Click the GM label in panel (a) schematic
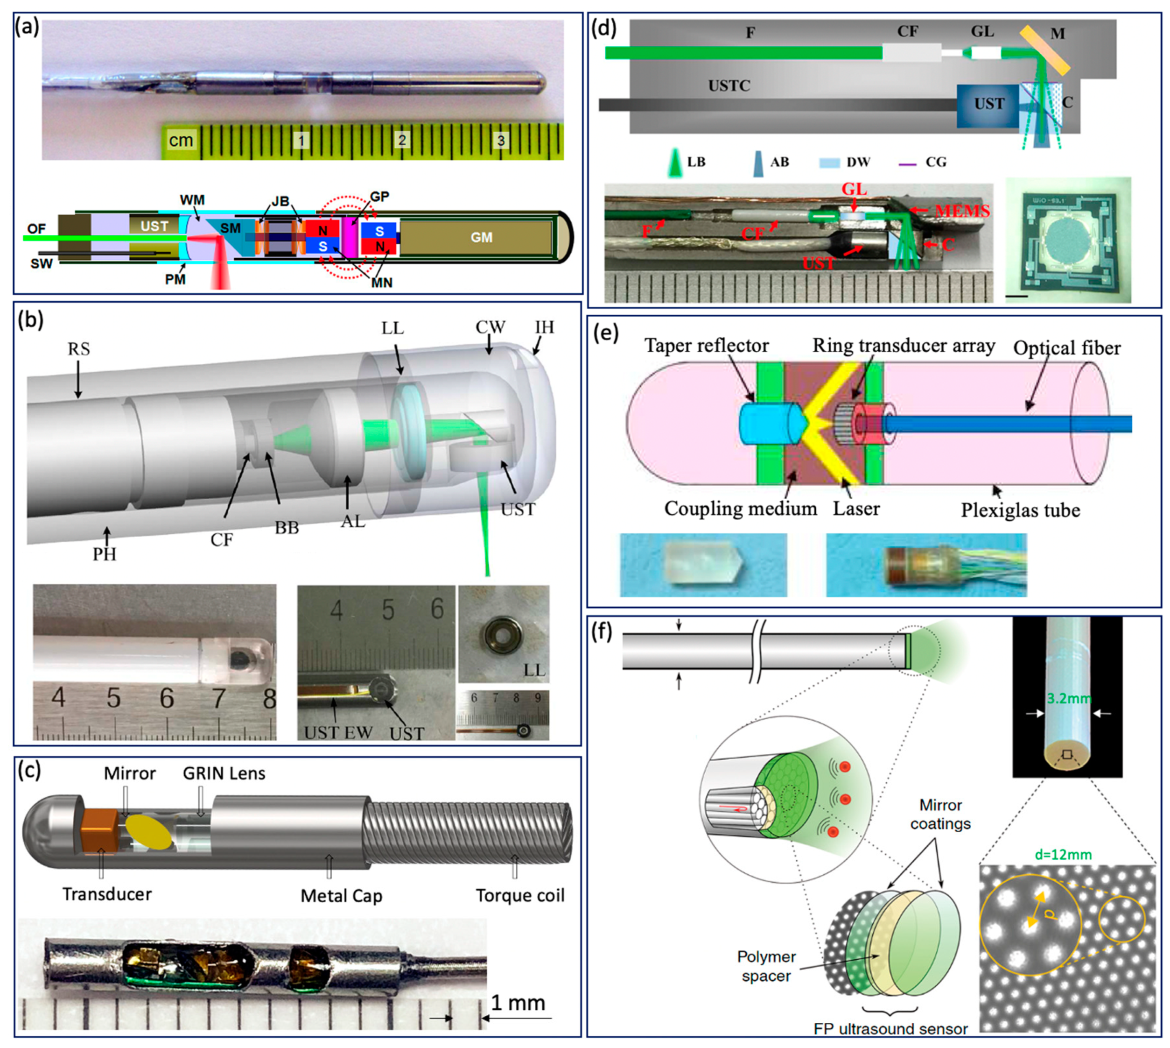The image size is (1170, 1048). tap(481, 238)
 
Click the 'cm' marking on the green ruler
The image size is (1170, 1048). tap(181, 140)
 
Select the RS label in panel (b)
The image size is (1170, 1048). tap(78, 349)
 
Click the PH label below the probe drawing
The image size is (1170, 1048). tap(104, 554)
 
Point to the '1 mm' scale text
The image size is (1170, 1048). tap(518, 1003)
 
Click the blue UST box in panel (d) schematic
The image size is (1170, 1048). tap(988, 105)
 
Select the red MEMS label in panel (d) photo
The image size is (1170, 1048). tap(962, 211)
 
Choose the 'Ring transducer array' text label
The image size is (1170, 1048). tap(903, 346)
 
